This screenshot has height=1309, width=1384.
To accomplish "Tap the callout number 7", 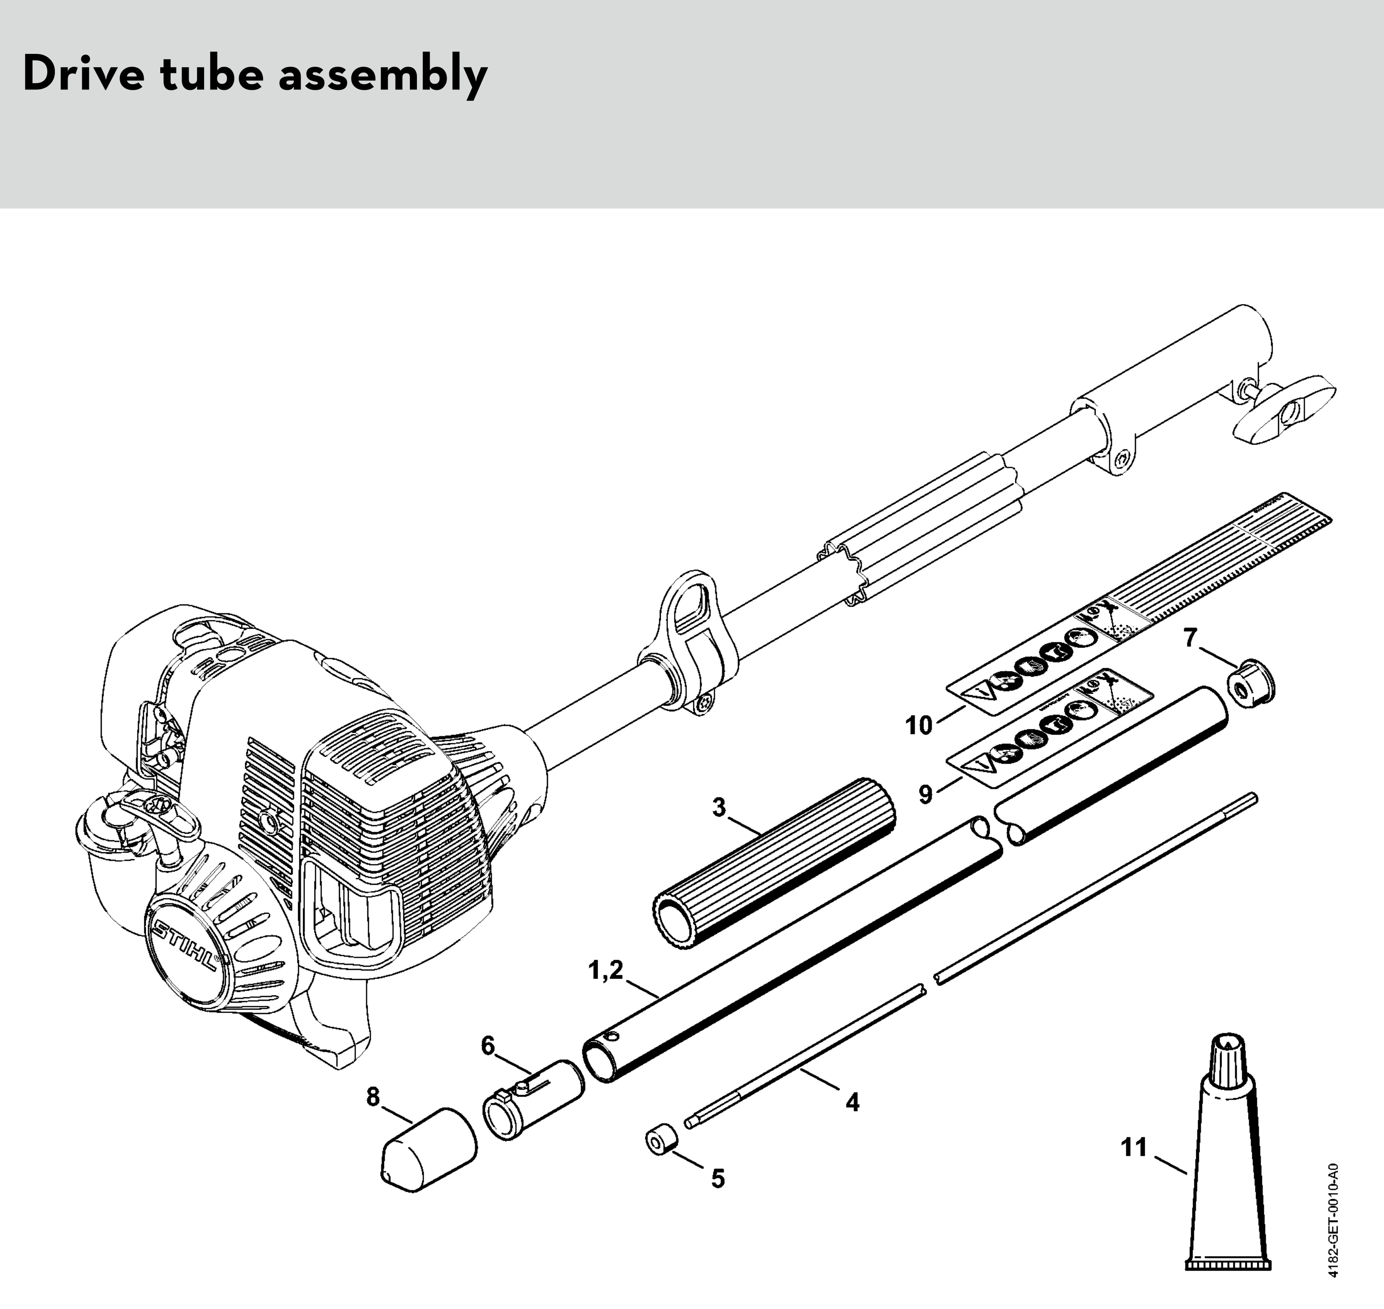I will click(x=1190, y=637).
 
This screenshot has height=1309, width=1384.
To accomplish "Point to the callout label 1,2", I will click(x=605, y=970).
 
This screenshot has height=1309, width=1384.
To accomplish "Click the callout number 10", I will click(x=919, y=725).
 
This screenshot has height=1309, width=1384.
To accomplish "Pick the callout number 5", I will click(x=718, y=1178).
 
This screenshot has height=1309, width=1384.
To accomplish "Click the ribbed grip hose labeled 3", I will click(x=774, y=862).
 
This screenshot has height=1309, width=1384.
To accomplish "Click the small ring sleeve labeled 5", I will click(x=661, y=1139).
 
